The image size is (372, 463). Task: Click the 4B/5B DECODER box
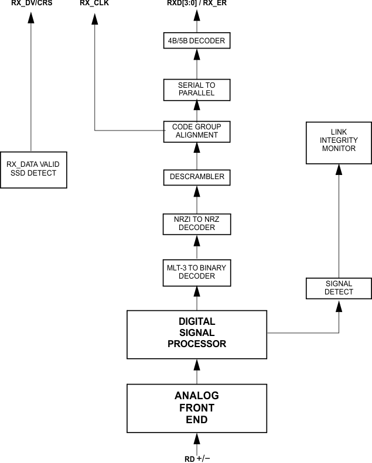(x=197, y=41)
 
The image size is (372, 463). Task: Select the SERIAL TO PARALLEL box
(x=197, y=89)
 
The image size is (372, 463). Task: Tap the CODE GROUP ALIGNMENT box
(x=197, y=131)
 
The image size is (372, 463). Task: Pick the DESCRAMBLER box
(x=197, y=176)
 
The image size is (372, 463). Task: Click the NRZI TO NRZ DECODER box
(x=197, y=223)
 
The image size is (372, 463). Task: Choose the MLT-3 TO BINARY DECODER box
(x=197, y=272)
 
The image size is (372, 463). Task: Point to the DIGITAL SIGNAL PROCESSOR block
(x=197, y=334)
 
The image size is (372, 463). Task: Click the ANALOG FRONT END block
(x=197, y=407)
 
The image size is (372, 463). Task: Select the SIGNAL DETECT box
(x=339, y=288)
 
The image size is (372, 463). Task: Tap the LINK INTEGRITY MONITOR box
(x=339, y=142)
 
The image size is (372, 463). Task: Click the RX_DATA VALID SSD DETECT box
(x=33, y=169)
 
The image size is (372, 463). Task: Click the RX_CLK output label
(x=94, y=4)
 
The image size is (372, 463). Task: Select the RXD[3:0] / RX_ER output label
(x=197, y=4)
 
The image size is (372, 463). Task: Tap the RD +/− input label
(x=197, y=458)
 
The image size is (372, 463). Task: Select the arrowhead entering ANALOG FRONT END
(x=197, y=436)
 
